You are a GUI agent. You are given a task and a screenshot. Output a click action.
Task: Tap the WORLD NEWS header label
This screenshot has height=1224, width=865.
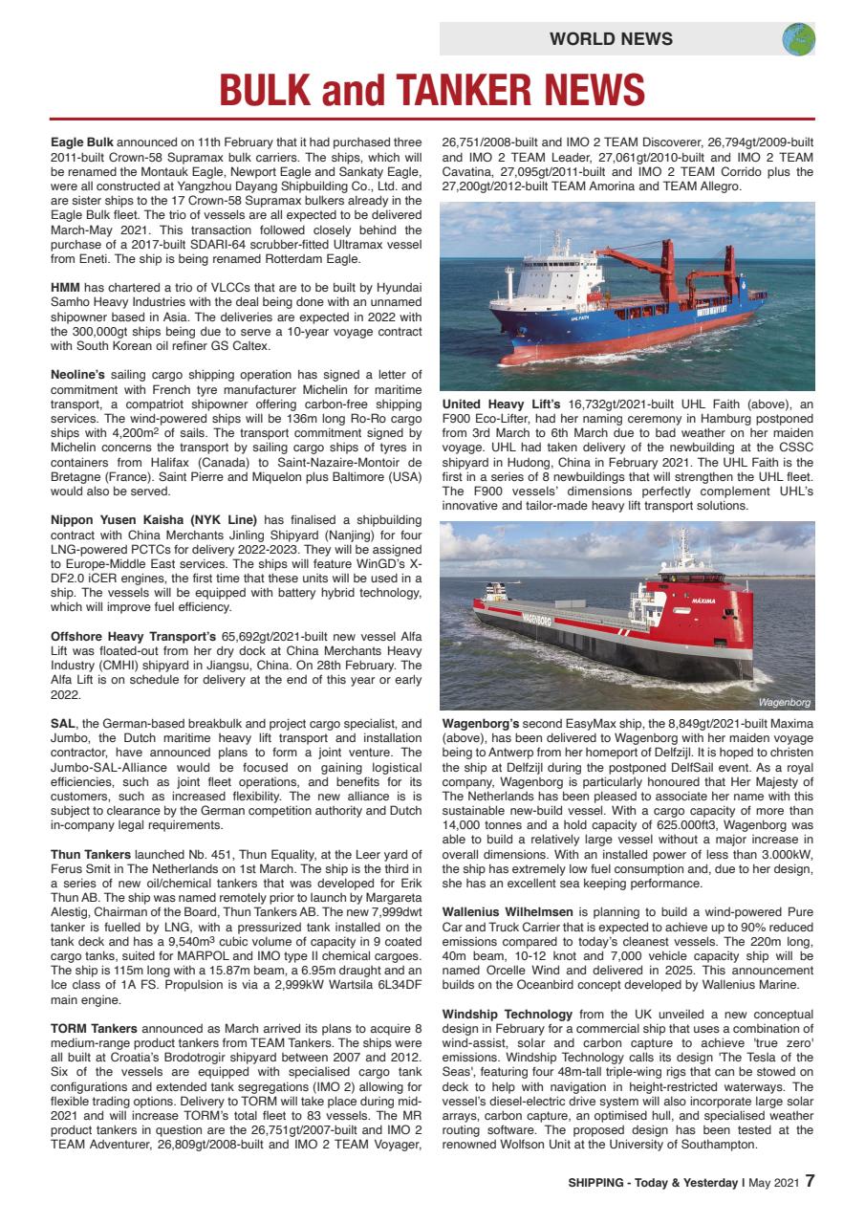pos(611,39)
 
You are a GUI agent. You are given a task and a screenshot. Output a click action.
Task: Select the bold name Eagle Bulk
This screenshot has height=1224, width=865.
pos(81,142)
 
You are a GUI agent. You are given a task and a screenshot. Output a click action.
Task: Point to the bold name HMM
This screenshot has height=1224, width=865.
pos(65,287)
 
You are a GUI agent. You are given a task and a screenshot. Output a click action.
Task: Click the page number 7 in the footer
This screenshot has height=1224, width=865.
pos(810,1180)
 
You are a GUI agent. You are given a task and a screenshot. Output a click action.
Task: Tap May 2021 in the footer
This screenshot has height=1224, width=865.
pos(774,1181)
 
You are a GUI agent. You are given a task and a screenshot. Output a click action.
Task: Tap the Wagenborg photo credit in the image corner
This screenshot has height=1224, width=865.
pos(784,702)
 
